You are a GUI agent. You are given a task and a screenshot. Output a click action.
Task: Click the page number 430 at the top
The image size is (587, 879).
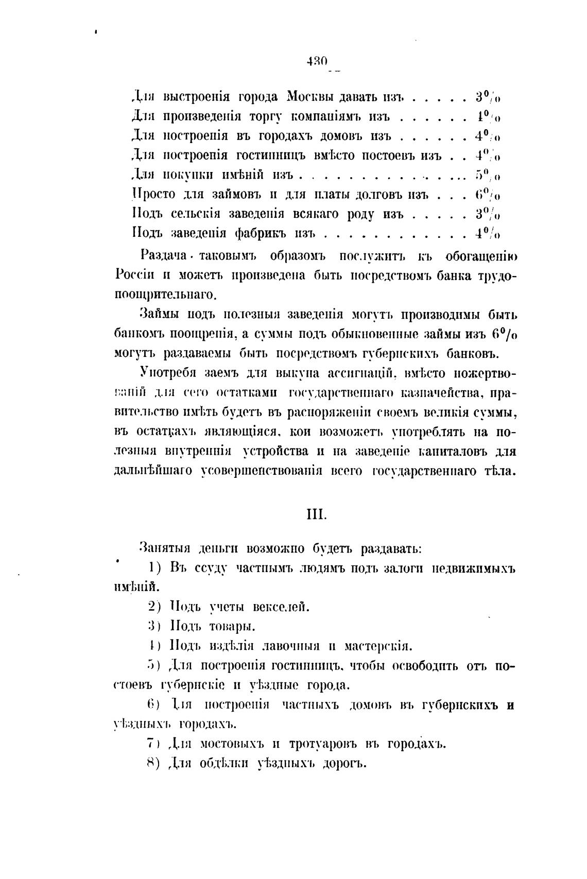317,61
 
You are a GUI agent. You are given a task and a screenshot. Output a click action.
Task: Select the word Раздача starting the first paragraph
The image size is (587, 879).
164,256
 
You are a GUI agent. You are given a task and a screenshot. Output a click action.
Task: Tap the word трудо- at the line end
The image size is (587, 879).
493,275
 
